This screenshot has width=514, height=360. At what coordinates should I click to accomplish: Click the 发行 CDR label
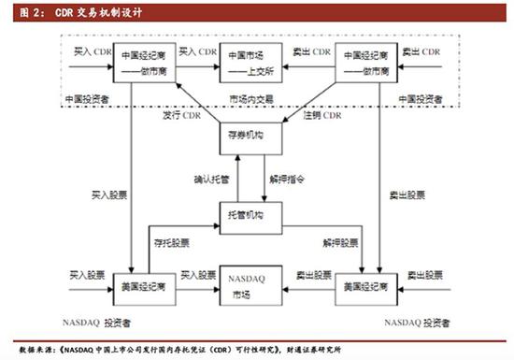point(181,116)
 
